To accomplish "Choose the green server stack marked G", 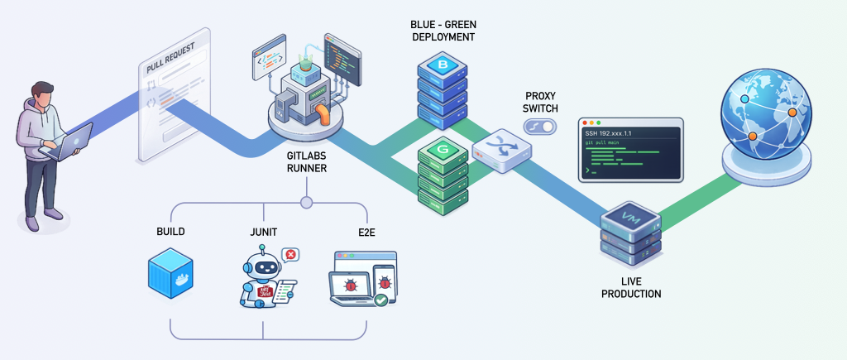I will point(443,174).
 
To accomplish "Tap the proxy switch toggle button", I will point(541,126).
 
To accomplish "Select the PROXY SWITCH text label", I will point(541,102).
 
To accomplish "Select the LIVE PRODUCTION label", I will point(631,288).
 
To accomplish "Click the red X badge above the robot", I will point(290,255).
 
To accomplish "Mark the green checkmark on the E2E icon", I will point(381,301).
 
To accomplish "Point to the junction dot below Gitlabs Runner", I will point(306,202).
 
